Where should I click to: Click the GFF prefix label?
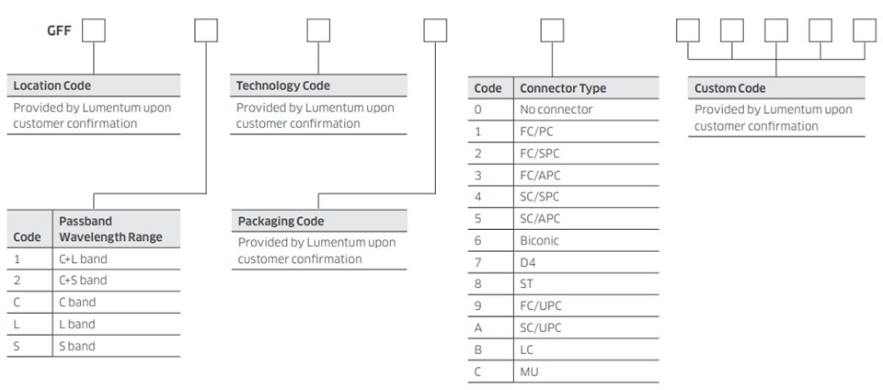coord(59,29)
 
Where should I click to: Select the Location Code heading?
coord(52,86)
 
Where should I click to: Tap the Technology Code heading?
coord(283,86)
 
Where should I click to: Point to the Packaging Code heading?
coord(281,221)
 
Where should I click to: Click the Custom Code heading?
coord(729,88)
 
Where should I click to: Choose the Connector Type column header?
coord(563,88)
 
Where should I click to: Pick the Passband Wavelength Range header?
coord(110,229)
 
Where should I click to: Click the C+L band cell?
coord(83,258)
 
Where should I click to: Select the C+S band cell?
coord(83,281)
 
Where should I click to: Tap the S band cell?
coord(76,346)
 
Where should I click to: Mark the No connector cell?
coord(556,109)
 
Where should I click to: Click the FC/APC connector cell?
coord(540,175)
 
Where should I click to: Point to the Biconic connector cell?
coord(540,240)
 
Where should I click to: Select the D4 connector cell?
coord(528,262)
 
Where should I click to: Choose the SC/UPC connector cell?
coord(541,327)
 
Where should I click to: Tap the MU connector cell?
coord(529,372)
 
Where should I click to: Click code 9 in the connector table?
coord(478,306)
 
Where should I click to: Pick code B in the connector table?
coord(478,350)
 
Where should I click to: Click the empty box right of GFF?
coord(94,30)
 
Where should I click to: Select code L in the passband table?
coord(17,324)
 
